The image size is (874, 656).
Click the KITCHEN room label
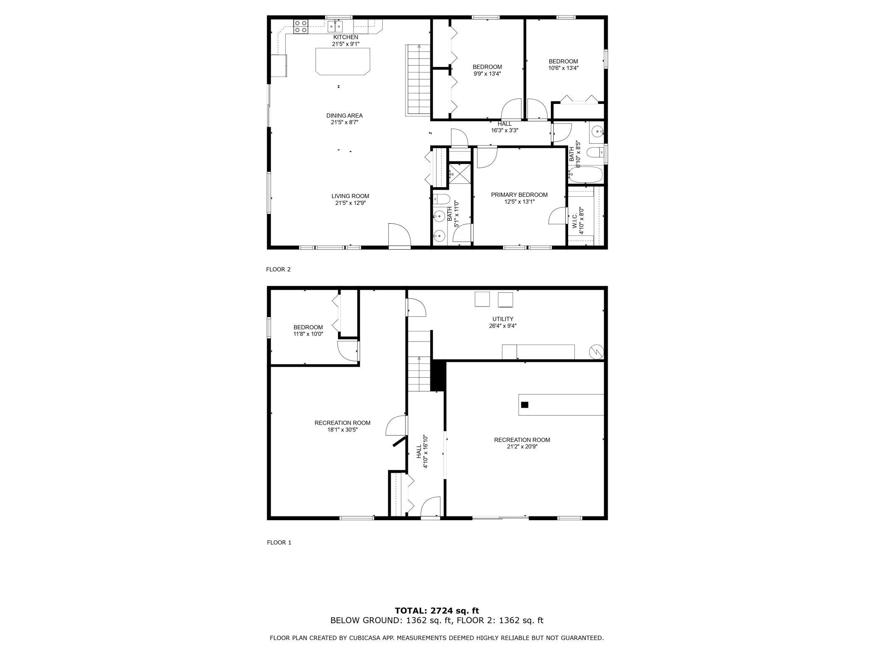click(346, 37)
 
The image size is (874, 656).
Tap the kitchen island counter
click(343, 61)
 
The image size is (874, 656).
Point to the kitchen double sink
click(335, 26)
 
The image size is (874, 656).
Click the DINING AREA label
click(345, 116)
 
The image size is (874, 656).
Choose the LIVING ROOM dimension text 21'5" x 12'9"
click(350, 203)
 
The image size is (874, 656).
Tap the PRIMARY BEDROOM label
click(519, 195)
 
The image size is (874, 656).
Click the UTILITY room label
click(503, 319)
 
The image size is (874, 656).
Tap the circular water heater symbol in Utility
click(596, 352)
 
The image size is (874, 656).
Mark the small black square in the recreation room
click(524, 405)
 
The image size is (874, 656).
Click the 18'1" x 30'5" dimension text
click(342, 430)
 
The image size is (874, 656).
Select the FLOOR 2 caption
click(278, 270)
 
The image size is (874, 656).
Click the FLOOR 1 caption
click(279, 542)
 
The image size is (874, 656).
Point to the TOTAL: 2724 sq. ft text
click(437, 611)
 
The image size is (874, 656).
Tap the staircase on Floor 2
click(418, 80)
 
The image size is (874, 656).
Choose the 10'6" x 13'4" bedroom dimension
click(563, 68)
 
